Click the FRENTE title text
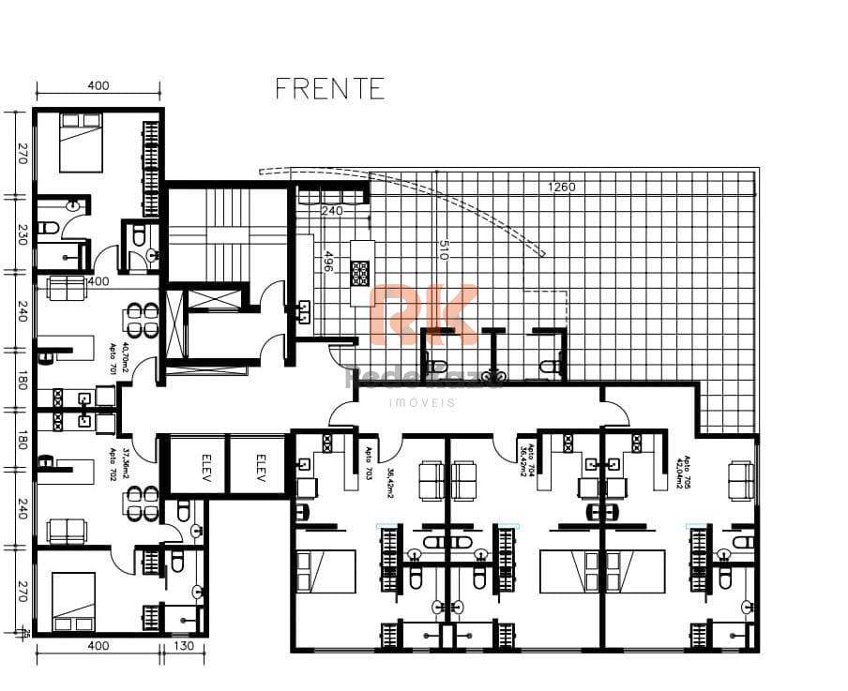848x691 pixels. click(x=329, y=88)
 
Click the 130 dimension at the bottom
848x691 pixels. click(x=184, y=646)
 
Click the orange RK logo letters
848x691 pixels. click(x=423, y=314)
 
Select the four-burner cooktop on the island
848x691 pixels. click(x=361, y=272)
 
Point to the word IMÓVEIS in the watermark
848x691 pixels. click(x=423, y=401)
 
